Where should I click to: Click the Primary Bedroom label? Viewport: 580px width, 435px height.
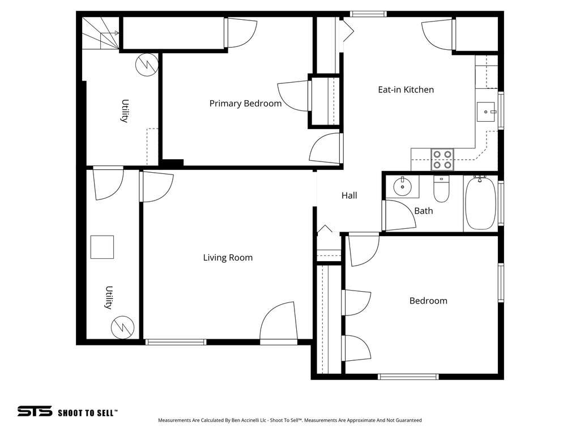[245, 104]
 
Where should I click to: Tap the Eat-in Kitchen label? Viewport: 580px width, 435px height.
[406, 89]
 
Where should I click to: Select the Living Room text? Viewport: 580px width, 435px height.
[228, 258]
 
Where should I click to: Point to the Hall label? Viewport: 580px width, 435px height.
[349, 195]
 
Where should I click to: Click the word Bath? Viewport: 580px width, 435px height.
[423, 211]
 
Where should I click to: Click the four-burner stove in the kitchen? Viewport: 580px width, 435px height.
[442, 159]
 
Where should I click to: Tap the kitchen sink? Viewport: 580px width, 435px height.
[485, 112]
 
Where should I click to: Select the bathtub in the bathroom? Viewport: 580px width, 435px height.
[481, 203]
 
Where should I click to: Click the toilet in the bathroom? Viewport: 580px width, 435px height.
[441, 189]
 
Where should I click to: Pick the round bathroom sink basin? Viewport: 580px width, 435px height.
[403, 186]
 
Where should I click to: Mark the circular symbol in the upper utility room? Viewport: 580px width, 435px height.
[146, 65]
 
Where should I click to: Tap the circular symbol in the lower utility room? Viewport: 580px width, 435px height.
[122, 327]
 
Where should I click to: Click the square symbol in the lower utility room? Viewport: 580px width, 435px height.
[102, 247]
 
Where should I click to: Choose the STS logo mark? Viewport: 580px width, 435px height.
[35, 412]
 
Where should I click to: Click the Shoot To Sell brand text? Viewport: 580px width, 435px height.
[88, 413]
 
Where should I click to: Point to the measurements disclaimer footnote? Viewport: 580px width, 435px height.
[289, 420]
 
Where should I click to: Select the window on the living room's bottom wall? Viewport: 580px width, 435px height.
[176, 342]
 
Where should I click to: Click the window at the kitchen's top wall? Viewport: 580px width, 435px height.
[368, 14]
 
